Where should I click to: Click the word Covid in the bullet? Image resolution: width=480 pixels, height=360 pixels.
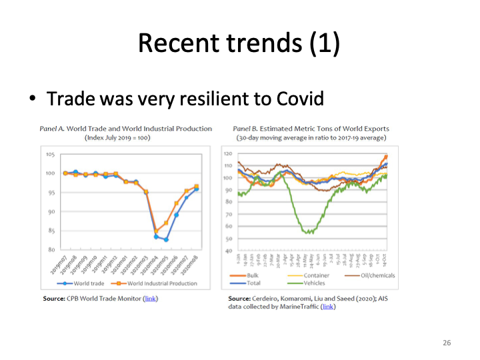[299, 99]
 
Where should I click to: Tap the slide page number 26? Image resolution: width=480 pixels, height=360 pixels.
[447, 343]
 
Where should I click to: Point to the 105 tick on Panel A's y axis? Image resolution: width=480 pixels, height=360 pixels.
[51, 155]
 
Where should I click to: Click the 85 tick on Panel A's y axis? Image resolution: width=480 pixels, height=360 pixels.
[51, 231]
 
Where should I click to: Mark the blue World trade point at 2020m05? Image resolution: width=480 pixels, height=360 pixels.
[167, 239]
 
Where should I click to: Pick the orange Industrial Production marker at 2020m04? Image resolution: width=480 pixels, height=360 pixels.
[157, 231]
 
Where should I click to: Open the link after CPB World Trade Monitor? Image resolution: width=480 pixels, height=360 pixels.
[151, 298]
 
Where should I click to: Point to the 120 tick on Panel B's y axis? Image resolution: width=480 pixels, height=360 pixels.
[228, 153]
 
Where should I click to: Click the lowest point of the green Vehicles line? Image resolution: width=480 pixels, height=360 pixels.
[307, 233]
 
